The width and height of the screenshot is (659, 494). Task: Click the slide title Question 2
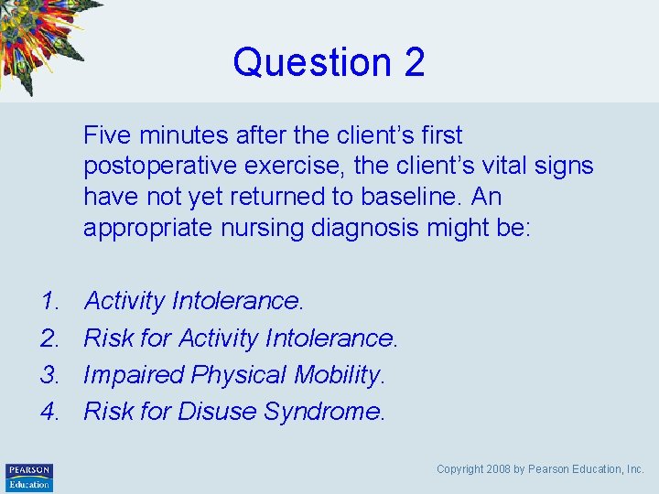(329, 62)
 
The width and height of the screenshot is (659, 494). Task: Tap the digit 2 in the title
(413, 62)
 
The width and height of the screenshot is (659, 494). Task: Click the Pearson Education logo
(29, 477)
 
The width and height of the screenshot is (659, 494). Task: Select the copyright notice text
(540, 469)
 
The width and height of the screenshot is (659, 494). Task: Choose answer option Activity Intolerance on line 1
(193, 301)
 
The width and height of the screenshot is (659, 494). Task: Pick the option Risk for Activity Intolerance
(241, 338)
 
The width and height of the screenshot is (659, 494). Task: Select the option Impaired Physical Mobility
(234, 375)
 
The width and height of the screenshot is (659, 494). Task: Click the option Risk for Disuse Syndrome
(234, 413)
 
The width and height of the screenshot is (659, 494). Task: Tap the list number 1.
(49, 301)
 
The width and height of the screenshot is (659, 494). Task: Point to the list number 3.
(49, 375)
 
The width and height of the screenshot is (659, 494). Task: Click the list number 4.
(49, 413)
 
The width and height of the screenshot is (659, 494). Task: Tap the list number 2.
(49, 338)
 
